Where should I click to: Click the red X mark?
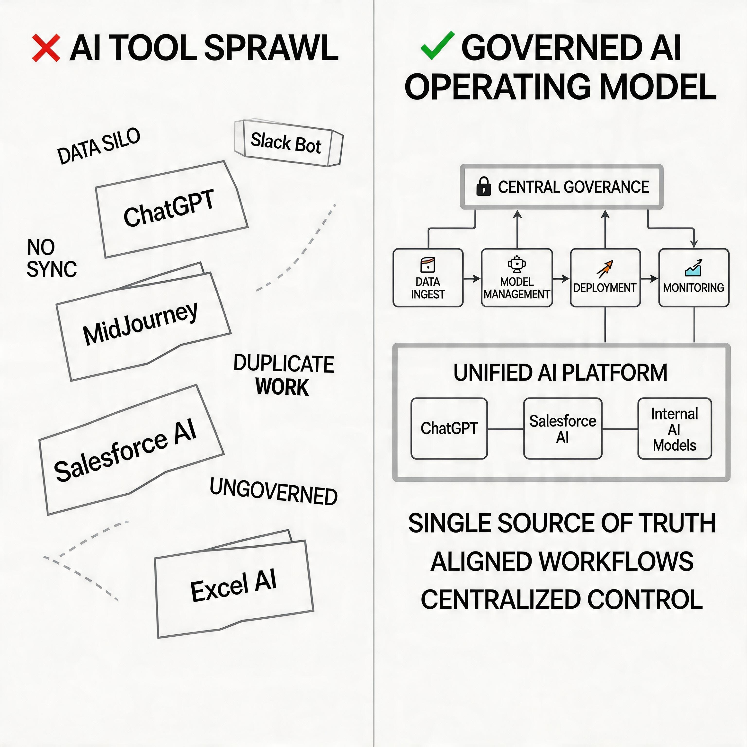pos(46,48)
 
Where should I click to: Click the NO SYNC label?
pos(51,258)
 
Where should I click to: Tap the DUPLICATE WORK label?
pos(284,375)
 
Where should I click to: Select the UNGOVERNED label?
pos(273,492)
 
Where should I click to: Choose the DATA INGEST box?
pos(428,278)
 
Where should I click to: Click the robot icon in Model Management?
pos(516,264)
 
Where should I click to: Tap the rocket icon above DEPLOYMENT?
pos(605,269)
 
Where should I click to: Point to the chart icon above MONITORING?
pos(693,268)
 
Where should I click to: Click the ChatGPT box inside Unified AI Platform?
pos(449,428)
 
